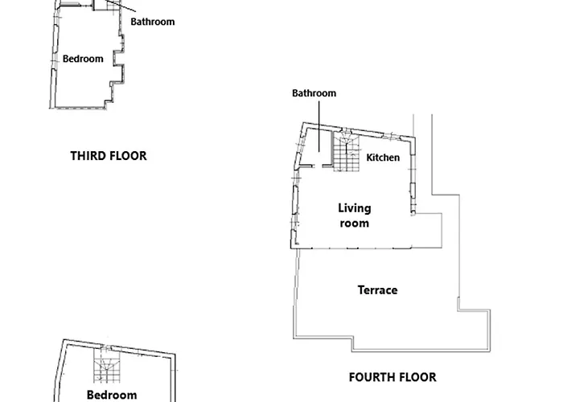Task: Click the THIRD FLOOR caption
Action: [109, 156]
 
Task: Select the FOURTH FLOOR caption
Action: [392, 376]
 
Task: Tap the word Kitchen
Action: [383, 158]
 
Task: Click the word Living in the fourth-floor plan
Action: [354, 209]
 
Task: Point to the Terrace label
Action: [377, 289]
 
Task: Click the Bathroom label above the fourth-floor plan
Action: [314, 93]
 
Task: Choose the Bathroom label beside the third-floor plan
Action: [152, 22]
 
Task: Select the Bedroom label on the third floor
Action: [83, 59]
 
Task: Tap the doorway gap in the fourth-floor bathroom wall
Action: [320, 166]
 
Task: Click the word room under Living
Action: [354, 223]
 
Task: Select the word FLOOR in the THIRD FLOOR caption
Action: [129, 156]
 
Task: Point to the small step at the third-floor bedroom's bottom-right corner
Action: [109, 104]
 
